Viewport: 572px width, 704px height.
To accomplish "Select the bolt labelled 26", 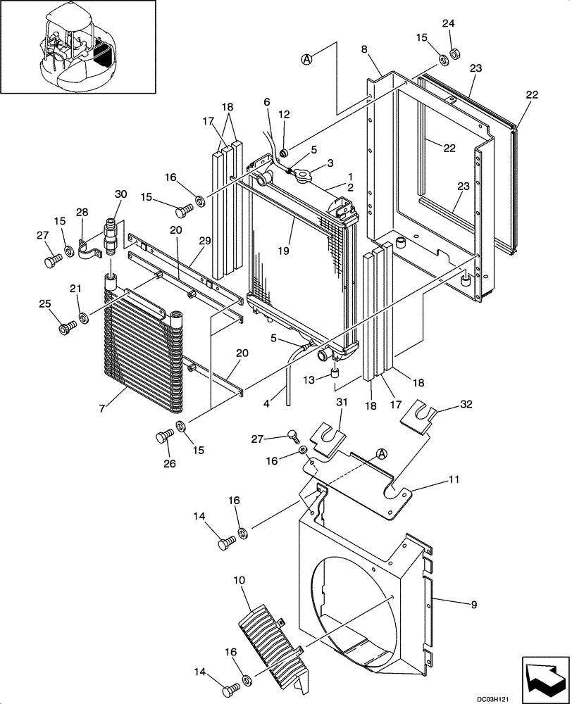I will pyautogui.click(x=162, y=437).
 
